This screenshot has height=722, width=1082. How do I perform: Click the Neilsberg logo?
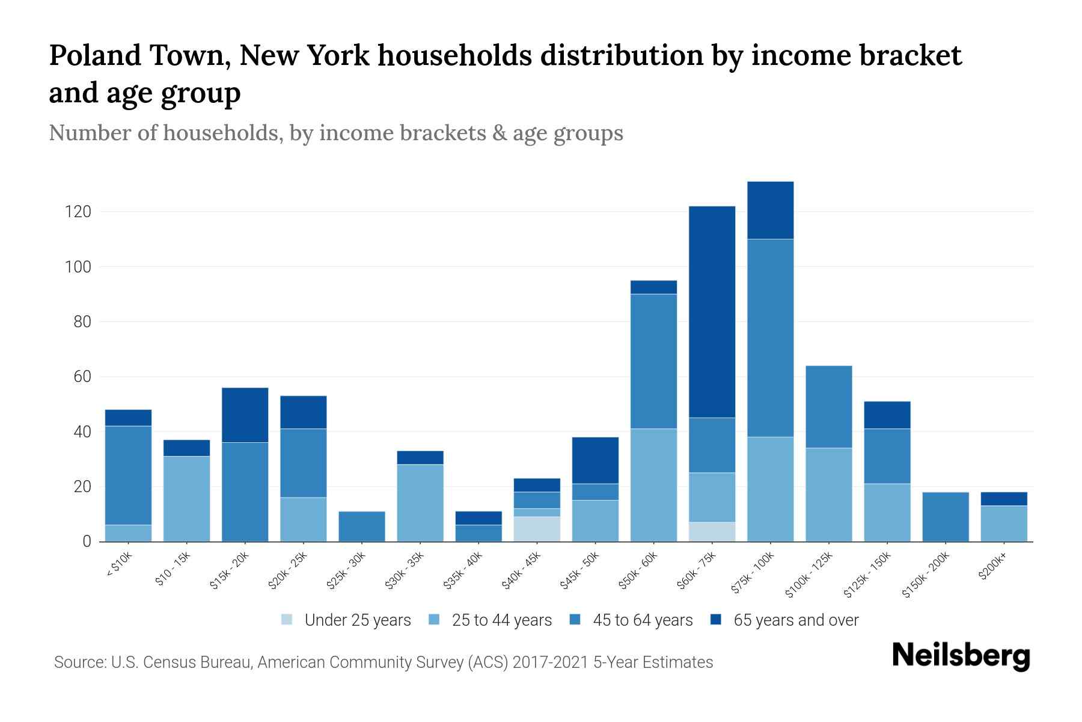(x=961, y=655)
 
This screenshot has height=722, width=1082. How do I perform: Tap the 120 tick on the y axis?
(x=78, y=212)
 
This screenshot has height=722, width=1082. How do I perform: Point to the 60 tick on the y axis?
(x=82, y=377)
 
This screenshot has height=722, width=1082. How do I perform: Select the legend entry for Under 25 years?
(x=346, y=620)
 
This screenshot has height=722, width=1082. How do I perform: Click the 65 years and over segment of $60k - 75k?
(x=712, y=312)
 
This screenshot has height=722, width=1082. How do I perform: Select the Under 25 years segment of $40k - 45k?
(x=537, y=529)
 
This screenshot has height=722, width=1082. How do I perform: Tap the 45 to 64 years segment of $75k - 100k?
(x=770, y=338)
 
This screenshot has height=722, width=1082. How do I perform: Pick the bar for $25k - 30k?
(x=362, y=526)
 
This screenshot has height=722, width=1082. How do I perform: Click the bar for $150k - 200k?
(x=946, y=517)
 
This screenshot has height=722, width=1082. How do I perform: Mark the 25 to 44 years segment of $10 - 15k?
(x=186, y=499)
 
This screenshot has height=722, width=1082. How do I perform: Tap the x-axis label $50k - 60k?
(x=638, y=572)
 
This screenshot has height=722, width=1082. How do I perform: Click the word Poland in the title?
(x=95, y=55)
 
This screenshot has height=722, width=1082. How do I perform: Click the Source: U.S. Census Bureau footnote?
(x=383, y=662)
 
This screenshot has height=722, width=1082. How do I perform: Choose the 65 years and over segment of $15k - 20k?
(x=245, y=415)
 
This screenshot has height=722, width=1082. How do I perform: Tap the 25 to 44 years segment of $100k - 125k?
(x=828, y=495)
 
